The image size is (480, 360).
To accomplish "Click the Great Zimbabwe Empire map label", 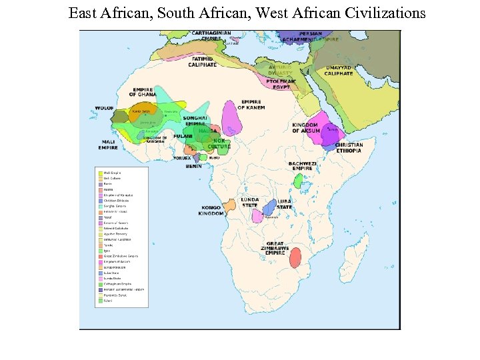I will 275,248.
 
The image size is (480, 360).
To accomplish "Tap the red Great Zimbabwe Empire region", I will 295,257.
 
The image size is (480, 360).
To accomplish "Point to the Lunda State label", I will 250,202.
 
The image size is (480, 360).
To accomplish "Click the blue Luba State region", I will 269,207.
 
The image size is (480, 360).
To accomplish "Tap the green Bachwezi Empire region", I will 298,181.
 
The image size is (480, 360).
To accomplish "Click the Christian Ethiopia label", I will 349,148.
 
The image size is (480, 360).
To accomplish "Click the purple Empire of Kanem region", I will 231,118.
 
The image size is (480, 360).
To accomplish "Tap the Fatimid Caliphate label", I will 202,62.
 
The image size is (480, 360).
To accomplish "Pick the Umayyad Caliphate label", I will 339,71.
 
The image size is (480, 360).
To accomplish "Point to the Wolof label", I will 105,107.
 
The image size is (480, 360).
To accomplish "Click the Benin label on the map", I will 193,167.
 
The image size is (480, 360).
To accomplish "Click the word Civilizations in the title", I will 385,13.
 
